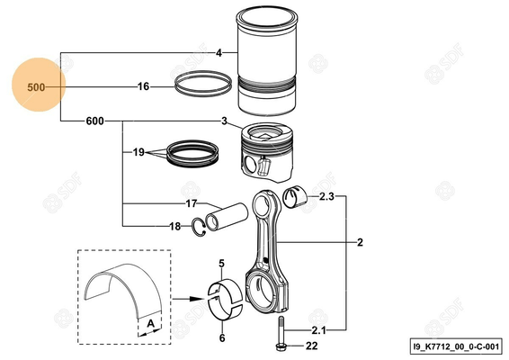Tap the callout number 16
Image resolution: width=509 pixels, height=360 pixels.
pyautogui.click(x=143, y=87)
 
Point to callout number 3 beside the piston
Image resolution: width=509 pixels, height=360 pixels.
pyautogui.click(x=224, y=120)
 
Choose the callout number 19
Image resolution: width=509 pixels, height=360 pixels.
pyautogui.click(x=138, y=153)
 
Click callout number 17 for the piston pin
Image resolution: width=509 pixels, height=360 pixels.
pyautogui.click(x=191, y=203)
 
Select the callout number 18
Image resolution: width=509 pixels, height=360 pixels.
pyautogui.click(x=174, y=226)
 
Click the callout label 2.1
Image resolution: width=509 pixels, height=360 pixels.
pyautogui.click(x=319, y=329)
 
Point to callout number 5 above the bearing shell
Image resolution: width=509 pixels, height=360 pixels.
pyautogui.click(x=222, y=262)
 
